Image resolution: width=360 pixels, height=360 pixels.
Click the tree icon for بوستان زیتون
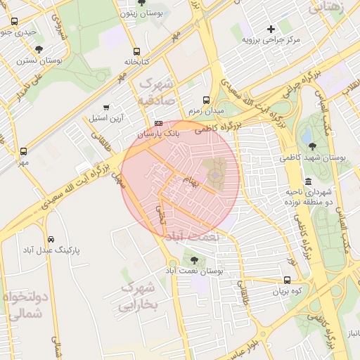click(x=141, y=3)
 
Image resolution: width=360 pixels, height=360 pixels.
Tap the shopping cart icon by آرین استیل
click(x=106, y=108)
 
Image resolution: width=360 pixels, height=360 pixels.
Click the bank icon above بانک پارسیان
click(x=158, y=122)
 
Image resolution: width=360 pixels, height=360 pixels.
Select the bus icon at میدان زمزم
click(x=205, y=100)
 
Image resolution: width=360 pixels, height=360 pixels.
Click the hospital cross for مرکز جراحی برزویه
click(x=271, y=29)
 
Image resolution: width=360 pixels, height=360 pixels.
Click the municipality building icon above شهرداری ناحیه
click(x=308, y=181)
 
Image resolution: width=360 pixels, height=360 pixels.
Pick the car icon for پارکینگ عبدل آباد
click(x=51, y=238)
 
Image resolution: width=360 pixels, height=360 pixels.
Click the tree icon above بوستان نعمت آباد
click(x=194, y=260)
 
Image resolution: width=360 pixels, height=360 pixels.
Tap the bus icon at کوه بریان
click(x=287, y=279)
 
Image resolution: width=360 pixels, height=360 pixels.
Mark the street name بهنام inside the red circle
click(x=191, y=181)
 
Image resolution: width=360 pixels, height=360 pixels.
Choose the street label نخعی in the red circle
click(x=162, y=215)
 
